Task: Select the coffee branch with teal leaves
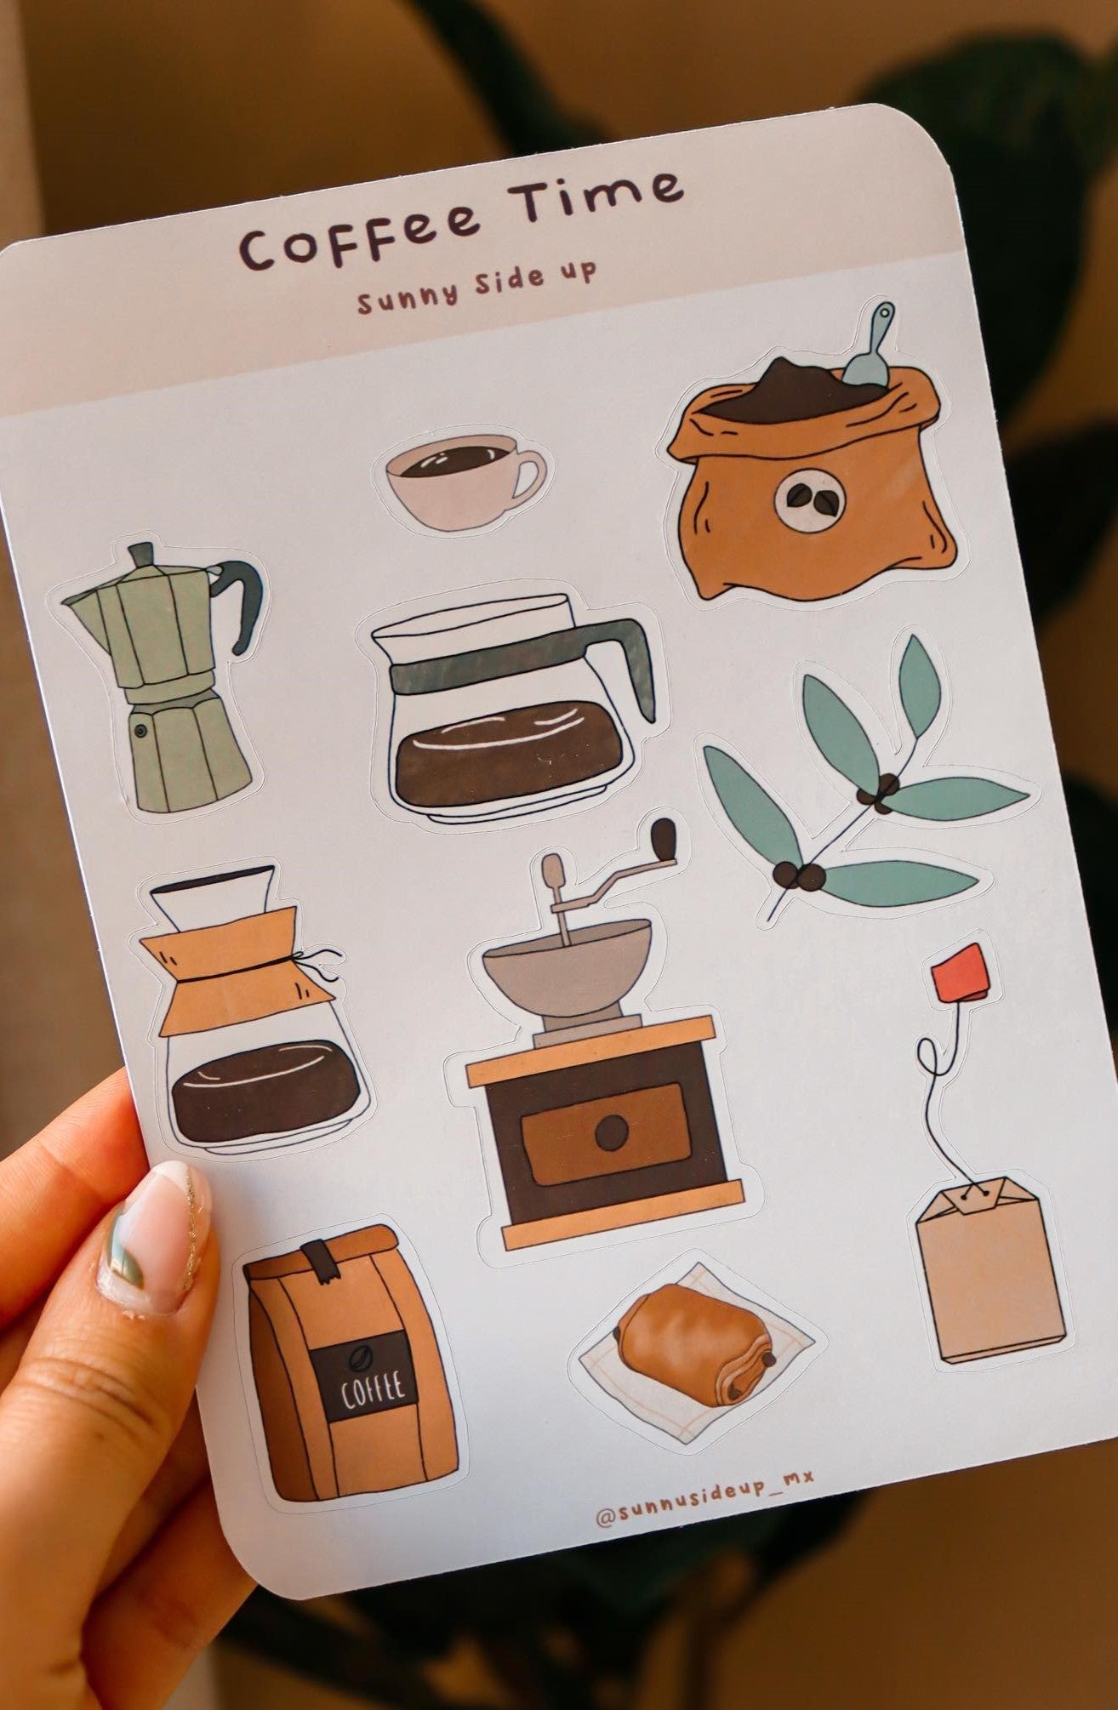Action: [859, 783]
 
